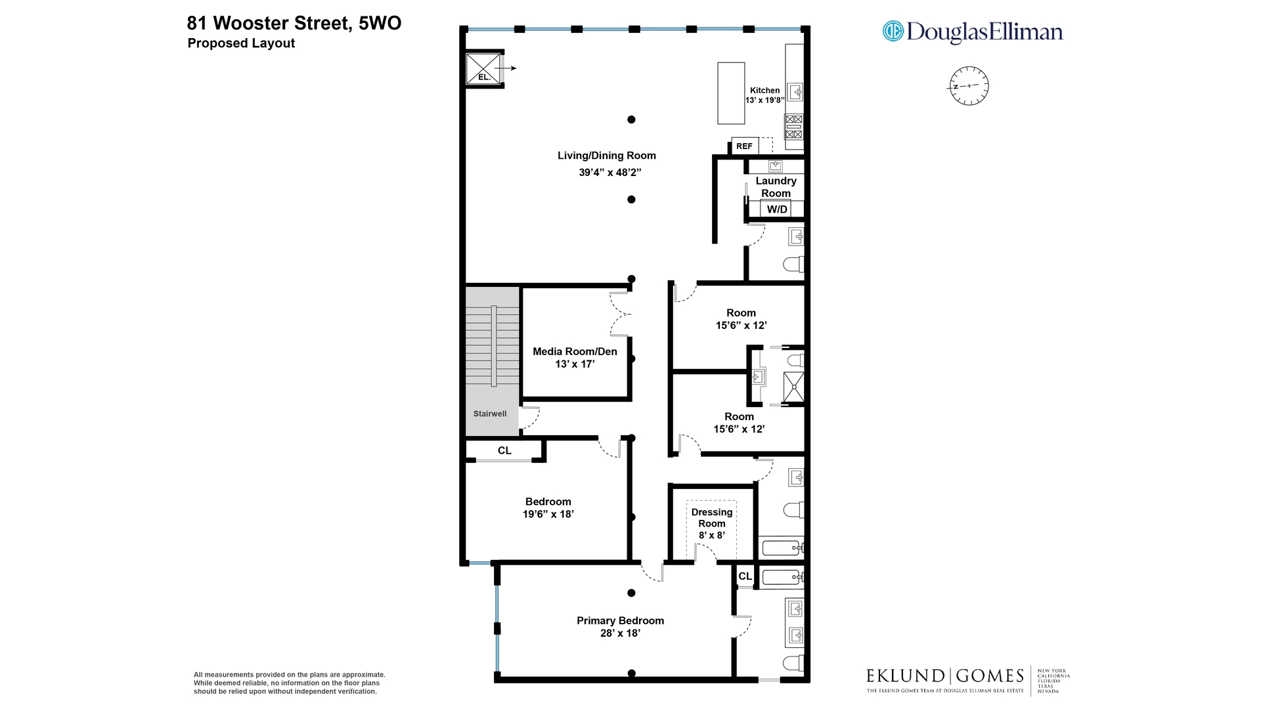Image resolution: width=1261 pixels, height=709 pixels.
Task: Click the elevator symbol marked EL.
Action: click(484, 69)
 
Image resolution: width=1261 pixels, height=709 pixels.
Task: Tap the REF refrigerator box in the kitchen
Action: click(745, 146)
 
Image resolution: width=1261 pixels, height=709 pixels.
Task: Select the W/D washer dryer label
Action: click(777, 209)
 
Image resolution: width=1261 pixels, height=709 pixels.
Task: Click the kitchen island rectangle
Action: click(730, 93)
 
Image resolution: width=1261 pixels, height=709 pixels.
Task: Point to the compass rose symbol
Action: click(969, 86)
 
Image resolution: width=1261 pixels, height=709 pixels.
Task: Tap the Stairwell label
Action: click(490, 414)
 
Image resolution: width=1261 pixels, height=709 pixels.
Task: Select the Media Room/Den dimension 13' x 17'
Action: click(575, 364)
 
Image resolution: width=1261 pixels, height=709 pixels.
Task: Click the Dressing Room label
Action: click(712, 517)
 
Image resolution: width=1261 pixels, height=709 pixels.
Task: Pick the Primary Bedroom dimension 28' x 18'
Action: click(620, 633)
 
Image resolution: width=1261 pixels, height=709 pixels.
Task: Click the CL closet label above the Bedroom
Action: click(504, 450)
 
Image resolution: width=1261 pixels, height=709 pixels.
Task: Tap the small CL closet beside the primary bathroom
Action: click(745, 576)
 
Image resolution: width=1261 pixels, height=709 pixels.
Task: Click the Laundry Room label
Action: click(776, 186)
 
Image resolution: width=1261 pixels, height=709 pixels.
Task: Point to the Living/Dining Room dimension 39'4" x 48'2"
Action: click(609, 173)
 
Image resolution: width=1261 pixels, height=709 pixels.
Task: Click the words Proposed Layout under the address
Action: click(241, 43)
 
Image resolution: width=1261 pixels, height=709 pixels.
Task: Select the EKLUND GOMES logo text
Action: click(944, 676)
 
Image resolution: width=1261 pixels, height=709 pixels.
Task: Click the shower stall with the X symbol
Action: click(793, 387)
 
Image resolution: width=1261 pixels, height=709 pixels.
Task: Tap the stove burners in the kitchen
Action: click(794, 127)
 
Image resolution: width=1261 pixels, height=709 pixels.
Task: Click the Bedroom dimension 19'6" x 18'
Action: click(548, 514)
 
